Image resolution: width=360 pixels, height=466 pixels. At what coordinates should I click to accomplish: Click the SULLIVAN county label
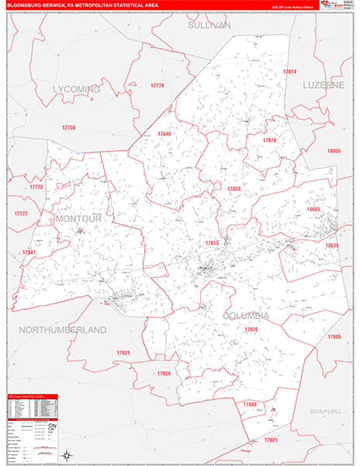pyautogui.click(x=209, y=26)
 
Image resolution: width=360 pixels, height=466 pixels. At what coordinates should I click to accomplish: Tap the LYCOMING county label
pyautogui.click(x=77, y=89)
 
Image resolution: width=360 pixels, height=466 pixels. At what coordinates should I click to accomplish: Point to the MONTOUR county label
pyautogui.click(x=78, y=220)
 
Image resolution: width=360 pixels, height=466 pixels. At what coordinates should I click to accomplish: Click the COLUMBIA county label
pyautogui.click(x=246, y=315)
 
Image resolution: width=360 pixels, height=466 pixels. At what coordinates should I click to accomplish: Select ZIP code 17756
pyautogui.click(x=68, y=127)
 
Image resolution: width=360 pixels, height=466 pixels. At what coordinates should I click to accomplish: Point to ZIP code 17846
pyautogui.click(x=164, y=134)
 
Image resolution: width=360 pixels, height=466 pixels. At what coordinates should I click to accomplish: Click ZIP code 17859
pyautogui.click(x=234, y=189)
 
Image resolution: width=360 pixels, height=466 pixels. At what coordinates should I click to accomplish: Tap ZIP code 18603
pyautogui.click(x=313, y=210)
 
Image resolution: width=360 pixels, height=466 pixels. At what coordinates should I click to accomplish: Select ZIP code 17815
pyautogui.click(x=212, y=243)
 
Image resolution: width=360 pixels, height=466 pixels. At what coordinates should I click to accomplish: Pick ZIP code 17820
pyautogui.click(x=251, y=329)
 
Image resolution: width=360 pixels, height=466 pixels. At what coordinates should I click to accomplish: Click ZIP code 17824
pyautogui.click(x=163, y=374)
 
